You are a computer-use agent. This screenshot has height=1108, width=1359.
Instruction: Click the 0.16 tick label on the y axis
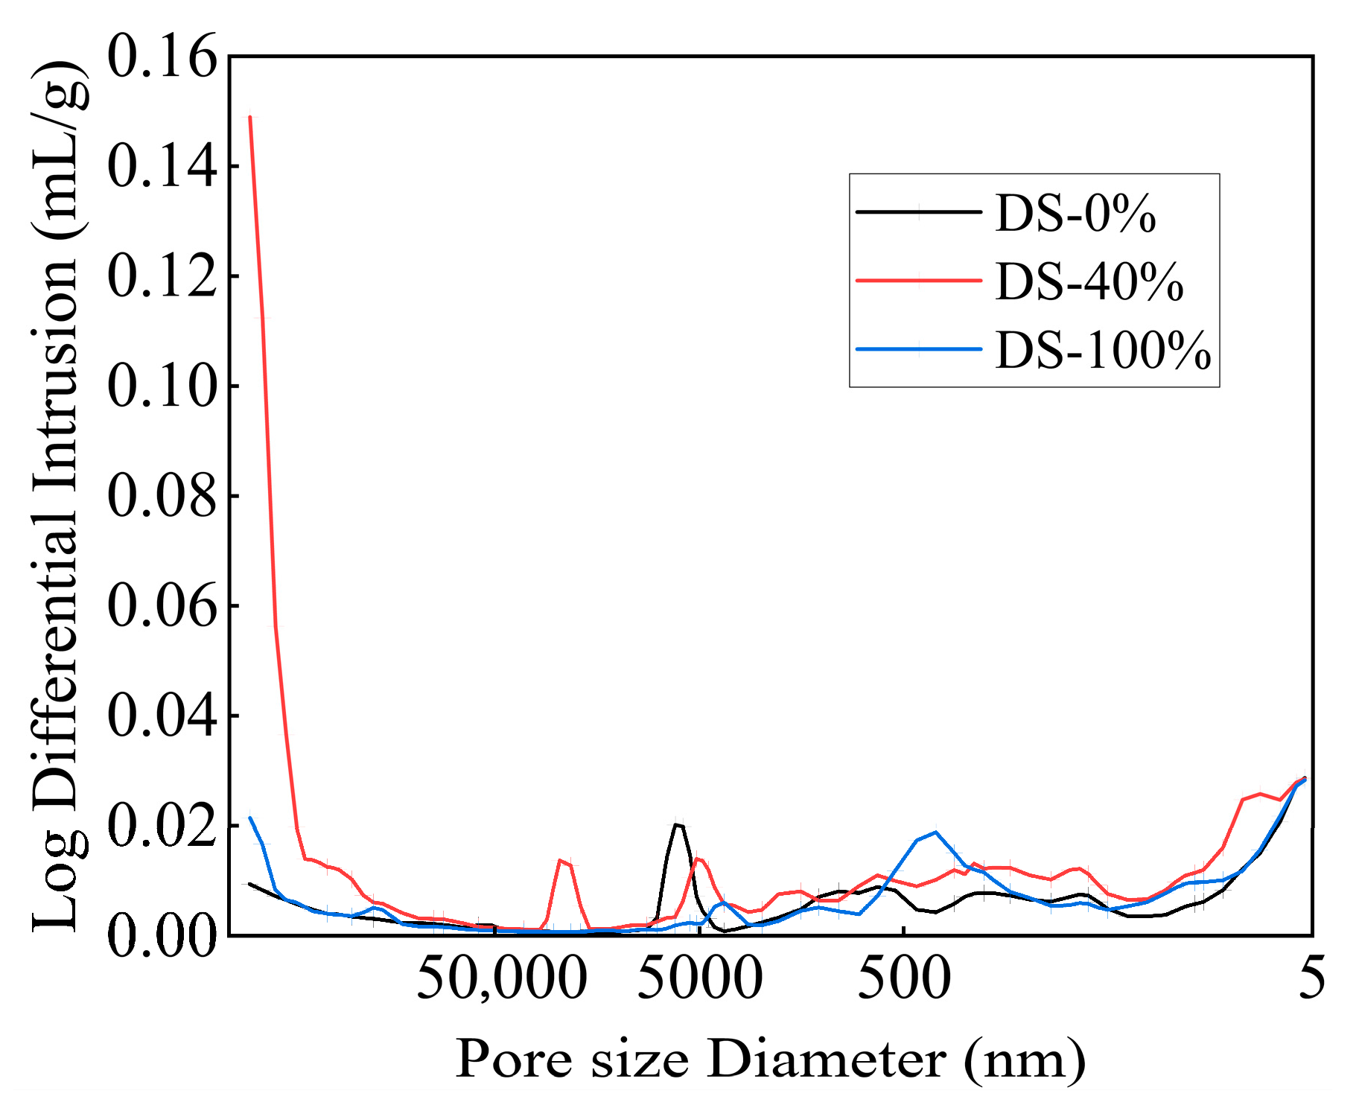(x=162, y=57)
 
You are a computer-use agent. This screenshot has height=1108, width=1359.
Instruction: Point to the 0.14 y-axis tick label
(x=162, y=167)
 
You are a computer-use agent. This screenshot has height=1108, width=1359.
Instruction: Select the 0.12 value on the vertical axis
(x=162, y=277)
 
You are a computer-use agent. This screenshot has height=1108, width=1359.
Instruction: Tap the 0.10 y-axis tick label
(x=162, y=386)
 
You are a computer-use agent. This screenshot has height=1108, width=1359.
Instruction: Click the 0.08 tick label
(x=162, y=497)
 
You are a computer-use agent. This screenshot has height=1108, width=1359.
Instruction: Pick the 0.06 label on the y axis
(x=162, y=606)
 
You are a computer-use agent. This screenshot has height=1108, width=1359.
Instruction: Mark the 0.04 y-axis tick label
(x=162, y=716)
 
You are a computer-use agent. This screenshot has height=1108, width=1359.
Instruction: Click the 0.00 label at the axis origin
(x=162, y=936)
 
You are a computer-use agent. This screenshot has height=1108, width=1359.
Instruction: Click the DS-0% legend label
(x=1075, y=214)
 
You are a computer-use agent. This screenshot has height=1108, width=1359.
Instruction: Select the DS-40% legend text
(x=1089, y=282)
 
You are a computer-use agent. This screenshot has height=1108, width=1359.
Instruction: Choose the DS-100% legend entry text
(x=1103, y=350)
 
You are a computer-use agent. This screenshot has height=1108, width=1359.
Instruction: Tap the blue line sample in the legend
(x=918, y=348)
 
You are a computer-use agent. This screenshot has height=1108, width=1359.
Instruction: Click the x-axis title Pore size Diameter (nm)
(x=770, y=1058)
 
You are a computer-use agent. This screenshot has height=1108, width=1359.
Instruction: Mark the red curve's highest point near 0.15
(x=250, y=117)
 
